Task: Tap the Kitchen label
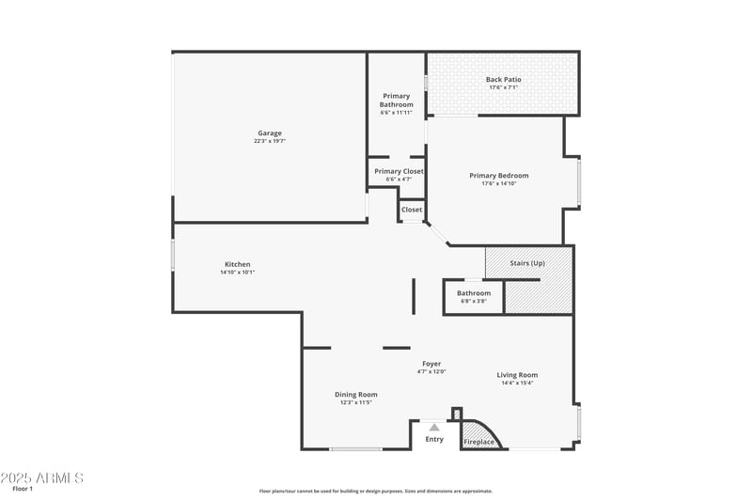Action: (237, 264)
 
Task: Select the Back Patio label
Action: (503, 80)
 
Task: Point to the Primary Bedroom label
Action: (499, 175)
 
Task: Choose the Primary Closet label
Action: (399, 171)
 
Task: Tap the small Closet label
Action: (412, 210)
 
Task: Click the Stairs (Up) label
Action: (526, 263)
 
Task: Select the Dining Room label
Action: (356, 394)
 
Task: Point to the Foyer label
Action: (431, 364)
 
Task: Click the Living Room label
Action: (518, 375)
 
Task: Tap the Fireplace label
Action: (478, 442)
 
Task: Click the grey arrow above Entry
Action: (434, 428)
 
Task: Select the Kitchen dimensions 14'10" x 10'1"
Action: (237, 273)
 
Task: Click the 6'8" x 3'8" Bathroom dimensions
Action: (474, 301)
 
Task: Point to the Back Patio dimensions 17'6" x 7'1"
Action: (503, 88)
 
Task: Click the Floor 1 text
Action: (23, 489)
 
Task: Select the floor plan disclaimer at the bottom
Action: (376, 491)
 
